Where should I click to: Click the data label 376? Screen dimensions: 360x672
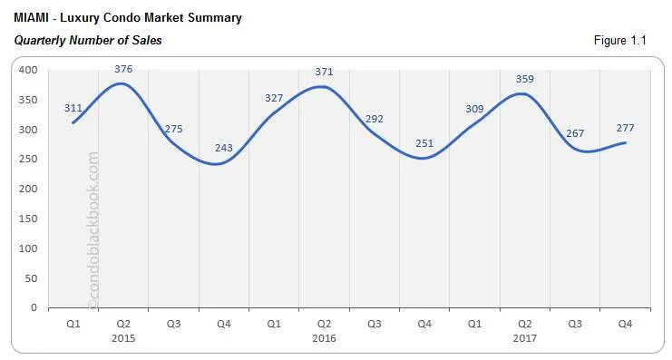coord(123,68)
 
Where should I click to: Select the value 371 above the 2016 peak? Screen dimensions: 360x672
coord(323,71)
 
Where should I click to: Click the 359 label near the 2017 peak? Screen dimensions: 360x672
coord(525,78)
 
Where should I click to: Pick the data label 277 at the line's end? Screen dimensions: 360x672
coord(625,128)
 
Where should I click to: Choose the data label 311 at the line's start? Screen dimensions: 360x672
coord(73,108)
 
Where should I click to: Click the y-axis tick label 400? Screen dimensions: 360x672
coord(27,71)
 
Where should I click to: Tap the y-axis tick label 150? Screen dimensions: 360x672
coord(27,219)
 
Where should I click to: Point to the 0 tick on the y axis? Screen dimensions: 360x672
coord(34,307)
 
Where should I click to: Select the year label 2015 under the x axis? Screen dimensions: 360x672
coord(123,337)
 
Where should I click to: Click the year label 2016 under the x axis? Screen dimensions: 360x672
coord(323,337)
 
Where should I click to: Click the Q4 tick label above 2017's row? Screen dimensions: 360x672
coord(624,324)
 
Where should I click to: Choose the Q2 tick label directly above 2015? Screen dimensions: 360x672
coord(123,324)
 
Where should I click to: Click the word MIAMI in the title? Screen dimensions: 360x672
coord(34,18)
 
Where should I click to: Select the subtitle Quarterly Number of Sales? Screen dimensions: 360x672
coord(88,41)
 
